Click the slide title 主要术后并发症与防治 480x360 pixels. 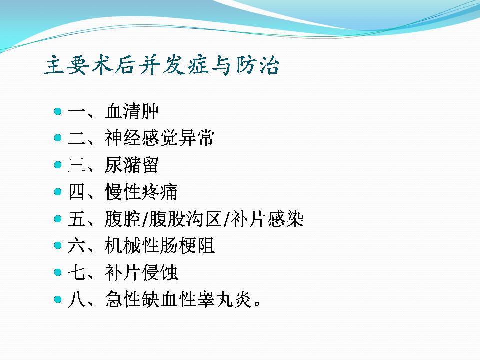[161, 65]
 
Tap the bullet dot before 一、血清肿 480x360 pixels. [58, 111]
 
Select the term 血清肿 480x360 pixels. [132, 111]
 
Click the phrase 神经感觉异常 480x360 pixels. [160, 138]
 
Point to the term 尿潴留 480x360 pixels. [132, 165]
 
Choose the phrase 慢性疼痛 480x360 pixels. [141, 192]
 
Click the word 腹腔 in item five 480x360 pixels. [122, 219]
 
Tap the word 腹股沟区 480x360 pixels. [185, 219]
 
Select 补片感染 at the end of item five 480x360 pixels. [267, 219]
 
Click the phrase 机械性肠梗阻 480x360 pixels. [160, 246]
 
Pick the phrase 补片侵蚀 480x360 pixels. [141, 273]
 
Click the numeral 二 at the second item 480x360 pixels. [76, 138]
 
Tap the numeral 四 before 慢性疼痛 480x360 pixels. [76, 192]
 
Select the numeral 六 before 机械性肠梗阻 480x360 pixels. [76, 246]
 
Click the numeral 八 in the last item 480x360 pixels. [76, 299]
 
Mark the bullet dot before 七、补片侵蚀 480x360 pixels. [58, 272]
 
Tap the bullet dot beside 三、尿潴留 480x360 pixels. [58, 165]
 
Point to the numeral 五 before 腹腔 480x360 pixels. [76, 219]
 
